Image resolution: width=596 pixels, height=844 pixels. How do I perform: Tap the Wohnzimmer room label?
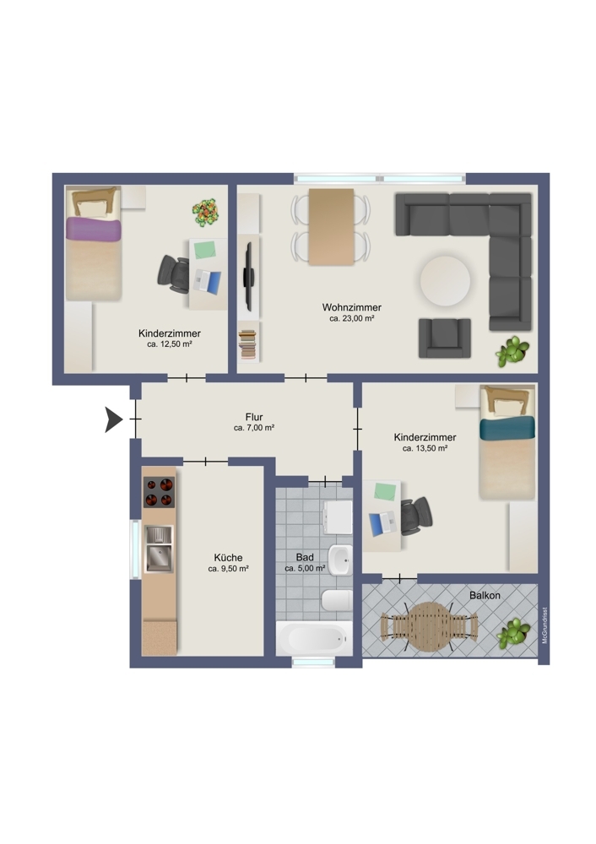pos(351,307)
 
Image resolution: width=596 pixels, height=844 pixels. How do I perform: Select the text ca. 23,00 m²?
pos(351,319)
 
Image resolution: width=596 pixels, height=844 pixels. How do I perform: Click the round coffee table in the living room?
pos(445,280)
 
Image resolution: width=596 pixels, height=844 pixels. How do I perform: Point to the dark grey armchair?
pos(445,338)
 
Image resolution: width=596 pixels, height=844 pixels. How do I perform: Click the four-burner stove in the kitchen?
pos(159,492)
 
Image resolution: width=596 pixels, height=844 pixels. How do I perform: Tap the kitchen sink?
pos(159,549)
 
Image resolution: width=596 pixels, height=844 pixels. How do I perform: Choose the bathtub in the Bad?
pos(314,638)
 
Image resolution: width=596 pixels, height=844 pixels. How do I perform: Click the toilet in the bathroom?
pos(338,600)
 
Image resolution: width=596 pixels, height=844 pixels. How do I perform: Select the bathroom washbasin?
pos(340,560)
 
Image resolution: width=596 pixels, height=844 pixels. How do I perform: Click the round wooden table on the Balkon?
pos(429,626)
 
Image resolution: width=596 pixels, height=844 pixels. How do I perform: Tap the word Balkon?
pos(485,595)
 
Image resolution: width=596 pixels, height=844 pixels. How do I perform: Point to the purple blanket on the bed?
pos(94,230)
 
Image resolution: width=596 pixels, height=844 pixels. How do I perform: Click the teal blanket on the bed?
pos(507,429)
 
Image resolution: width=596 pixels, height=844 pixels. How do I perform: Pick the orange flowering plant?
pos(206,212)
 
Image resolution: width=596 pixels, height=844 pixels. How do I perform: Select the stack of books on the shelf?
pos(247,344)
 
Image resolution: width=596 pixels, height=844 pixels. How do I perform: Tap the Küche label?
pos(228,558)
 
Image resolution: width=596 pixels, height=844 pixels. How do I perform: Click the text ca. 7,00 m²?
pos(254,428)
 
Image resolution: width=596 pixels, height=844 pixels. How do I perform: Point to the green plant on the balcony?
pos(512,633)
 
